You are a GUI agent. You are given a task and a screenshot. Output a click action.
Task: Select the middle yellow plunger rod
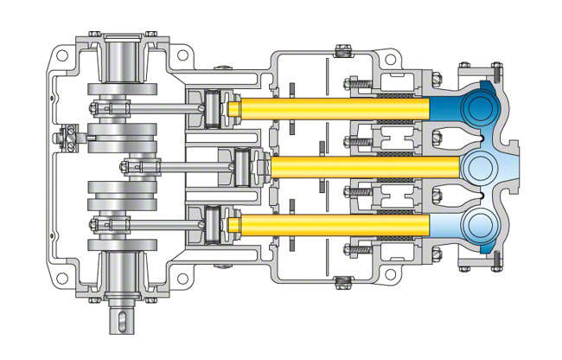click(363, 164)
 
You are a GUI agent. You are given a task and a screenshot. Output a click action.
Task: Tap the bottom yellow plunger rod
click(329, 223)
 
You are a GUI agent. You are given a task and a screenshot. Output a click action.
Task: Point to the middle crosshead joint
click(247, 164)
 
